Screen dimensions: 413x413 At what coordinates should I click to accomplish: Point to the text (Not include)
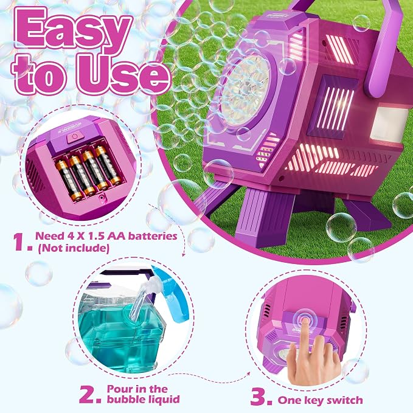click(74, 248)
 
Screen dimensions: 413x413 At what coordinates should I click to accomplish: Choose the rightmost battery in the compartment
click(108, 165)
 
